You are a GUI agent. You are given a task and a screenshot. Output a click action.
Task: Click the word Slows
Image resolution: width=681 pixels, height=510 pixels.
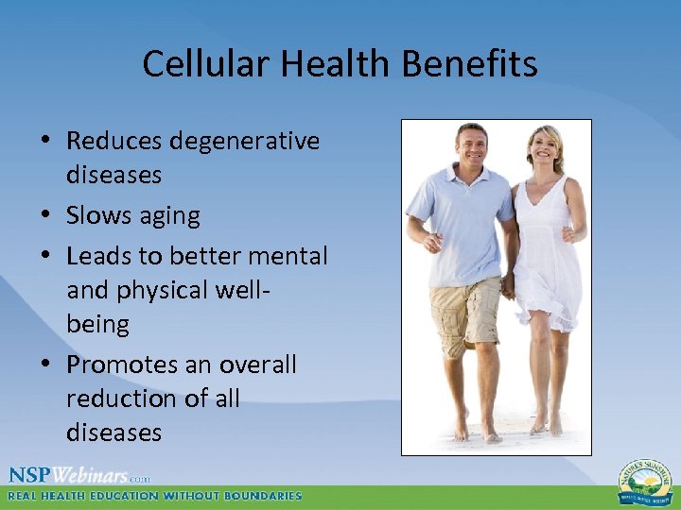click(99, 215)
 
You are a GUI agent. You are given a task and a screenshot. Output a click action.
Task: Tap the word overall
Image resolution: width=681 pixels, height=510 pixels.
click(258, 365)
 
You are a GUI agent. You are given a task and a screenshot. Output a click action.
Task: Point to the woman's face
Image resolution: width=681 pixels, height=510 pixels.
click(547, 147)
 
